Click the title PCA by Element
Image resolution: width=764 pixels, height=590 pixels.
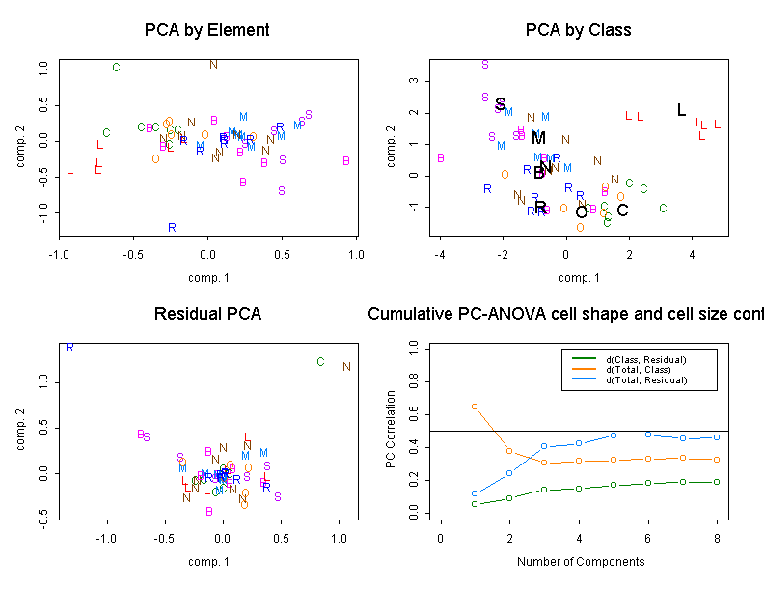click(206, 30)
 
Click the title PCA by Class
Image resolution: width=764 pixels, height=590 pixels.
click(579, 30)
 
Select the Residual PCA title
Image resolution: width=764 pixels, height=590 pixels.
click(207, 314)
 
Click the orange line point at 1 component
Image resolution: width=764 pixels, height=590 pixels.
click(475, 407)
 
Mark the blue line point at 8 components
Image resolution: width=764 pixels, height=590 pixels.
click(717, 437)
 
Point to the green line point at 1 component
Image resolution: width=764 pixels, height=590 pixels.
click(475, 504)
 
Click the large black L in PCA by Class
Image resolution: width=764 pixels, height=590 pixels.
click(681, 110)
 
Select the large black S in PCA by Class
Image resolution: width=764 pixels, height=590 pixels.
click(500, 104)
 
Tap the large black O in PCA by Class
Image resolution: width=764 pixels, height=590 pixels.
click(581, 212)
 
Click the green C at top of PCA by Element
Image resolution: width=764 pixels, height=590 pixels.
click(116, 68)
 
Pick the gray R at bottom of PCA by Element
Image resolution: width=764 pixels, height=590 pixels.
click(172, 228)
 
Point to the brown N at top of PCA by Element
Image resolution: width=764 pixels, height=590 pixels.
click(214, 65)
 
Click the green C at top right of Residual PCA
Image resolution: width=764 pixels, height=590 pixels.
click(320, 362)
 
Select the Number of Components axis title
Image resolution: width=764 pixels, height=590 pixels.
click(579, 561)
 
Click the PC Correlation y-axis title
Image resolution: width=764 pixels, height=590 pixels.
click(391, 430)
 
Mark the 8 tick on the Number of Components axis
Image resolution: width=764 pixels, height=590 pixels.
click(717, 538)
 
